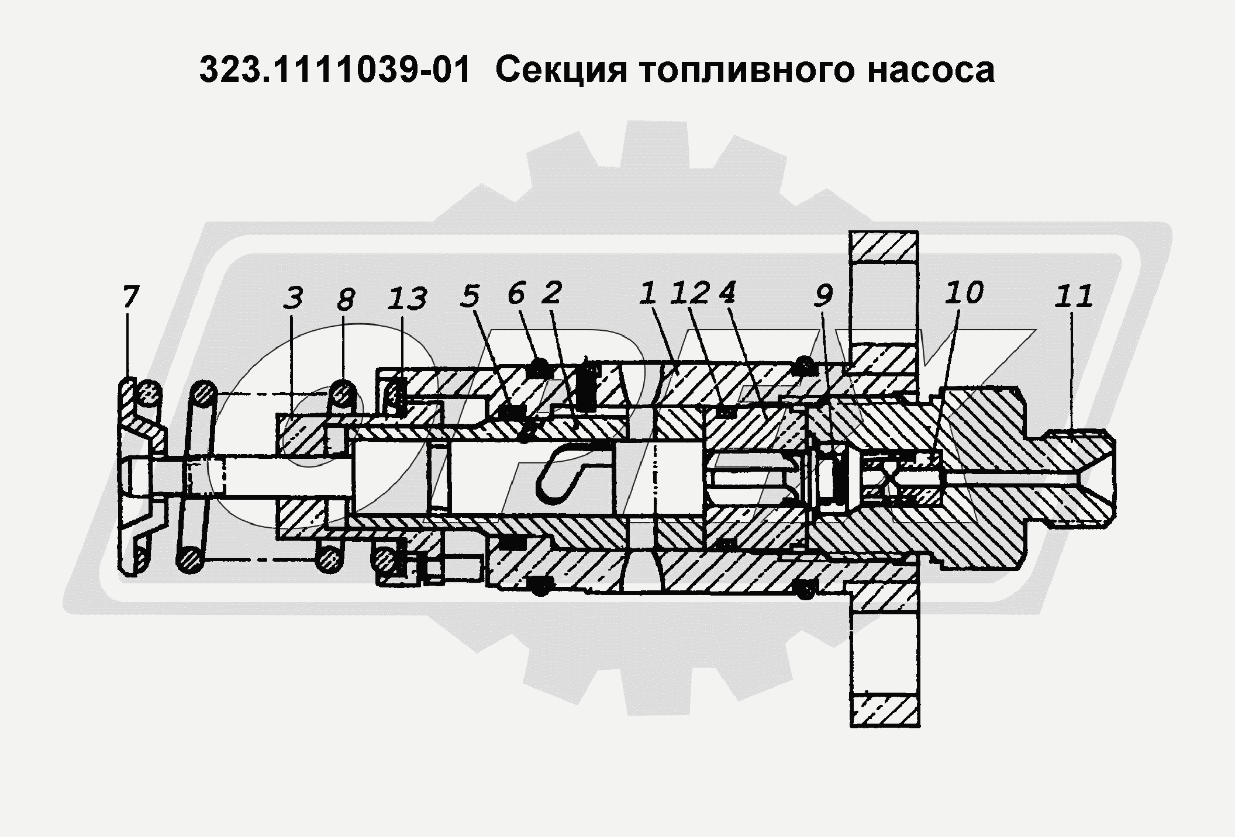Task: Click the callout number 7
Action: pos(130,296)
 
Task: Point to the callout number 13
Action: pos(407,299)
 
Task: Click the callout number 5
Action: pos(470,296)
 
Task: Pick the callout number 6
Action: pos(515,293)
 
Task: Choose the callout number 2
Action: pos(551,292)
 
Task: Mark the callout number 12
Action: pos(690,293)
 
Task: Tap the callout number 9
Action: pos(822,296)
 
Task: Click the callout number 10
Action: pos(964,292)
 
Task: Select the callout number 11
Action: pos(1074,296)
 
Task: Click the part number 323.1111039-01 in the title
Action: pos(334,71)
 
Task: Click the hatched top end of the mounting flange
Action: pos(884,247)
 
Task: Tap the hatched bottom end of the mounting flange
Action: pos(884,710)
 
